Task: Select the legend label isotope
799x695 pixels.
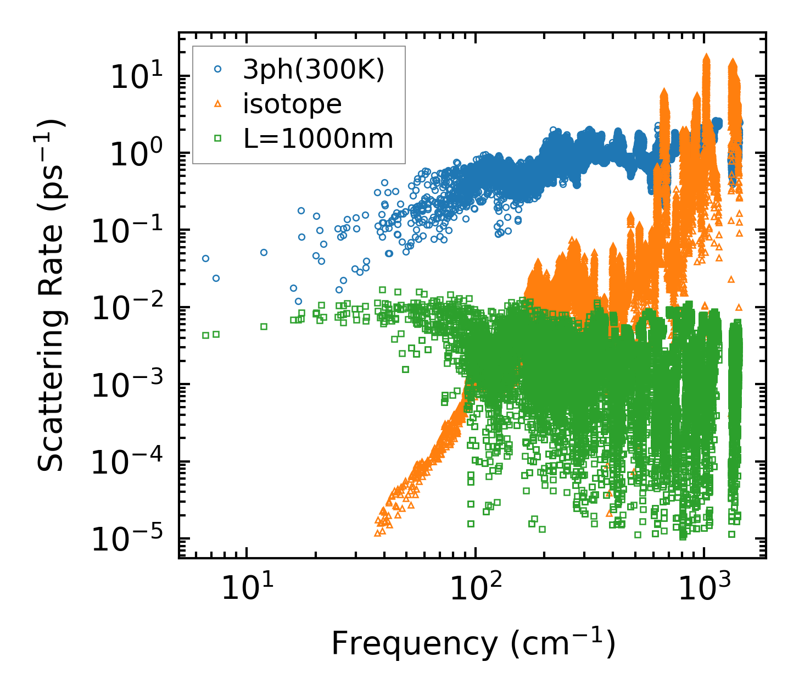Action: (292, 104)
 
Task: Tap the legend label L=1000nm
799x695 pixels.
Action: (319, 138)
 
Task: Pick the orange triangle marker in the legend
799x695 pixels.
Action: (218, 104)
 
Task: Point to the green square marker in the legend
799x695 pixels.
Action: (218, 138)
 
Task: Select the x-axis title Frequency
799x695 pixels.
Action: (472, 643)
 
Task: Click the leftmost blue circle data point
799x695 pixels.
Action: (205, 258)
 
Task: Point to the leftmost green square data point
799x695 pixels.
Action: (205, 335)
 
